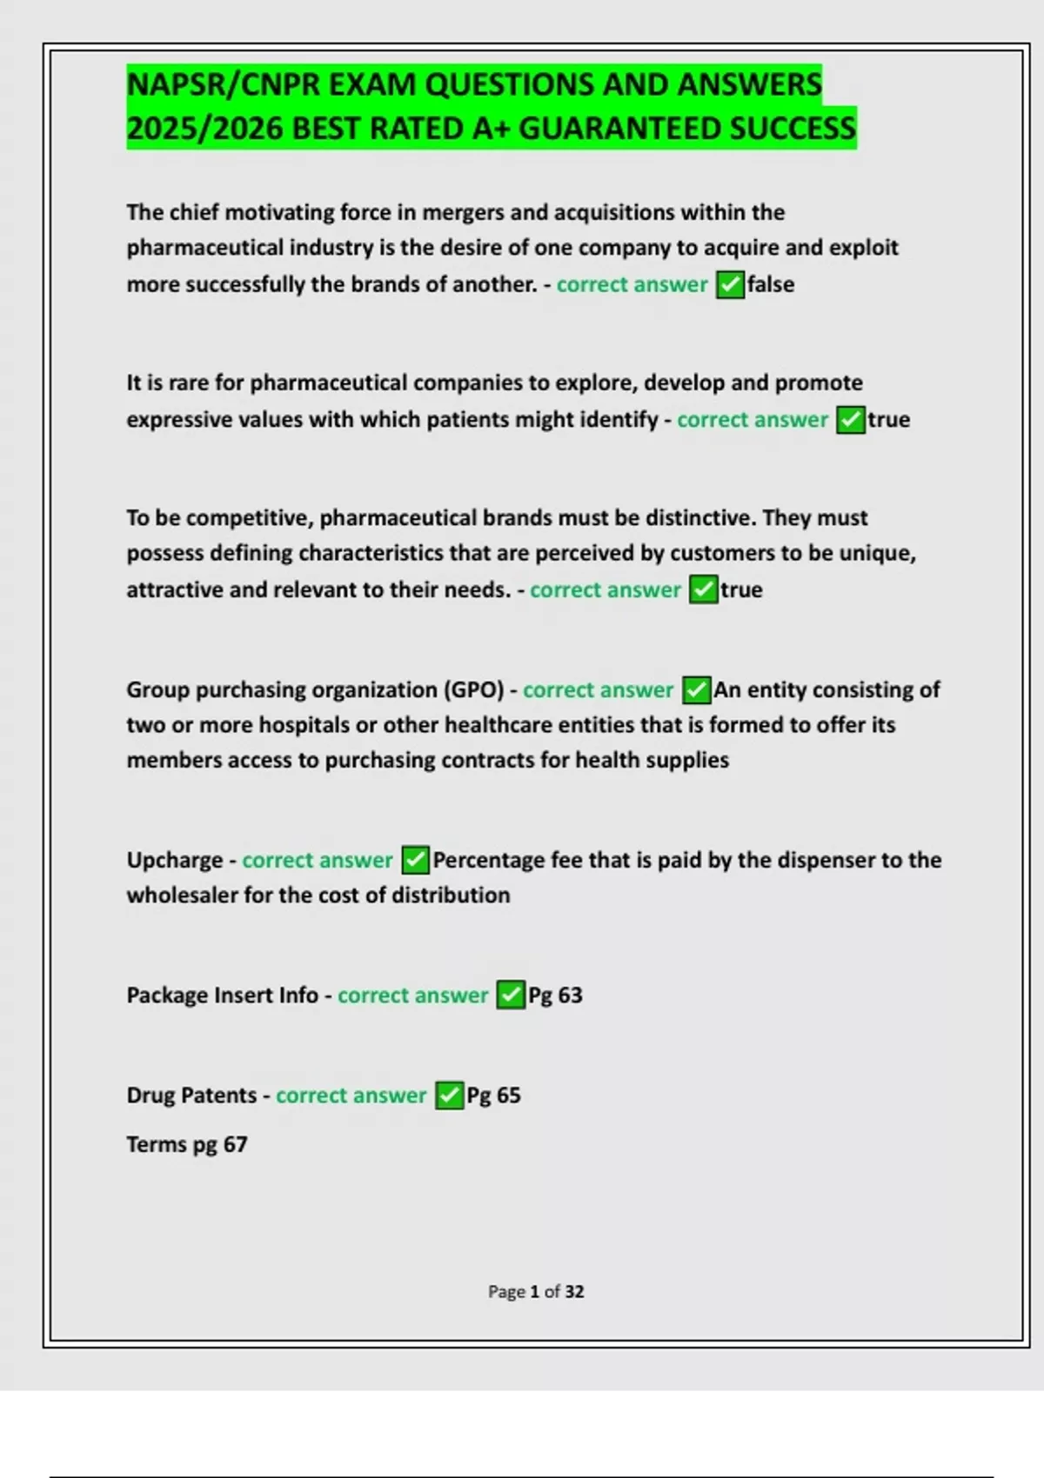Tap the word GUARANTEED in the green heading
pos(619,129)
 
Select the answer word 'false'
pos(771,284)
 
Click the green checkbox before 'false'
pos(730,284)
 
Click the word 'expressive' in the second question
pos(178,419)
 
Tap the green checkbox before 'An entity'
pos(696,690)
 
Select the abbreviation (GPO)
pos(474,689)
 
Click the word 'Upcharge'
pos(175,860)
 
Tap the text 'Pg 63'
pos(555,995)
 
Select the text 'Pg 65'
pos(493,1095)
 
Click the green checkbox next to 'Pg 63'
pos(510,995)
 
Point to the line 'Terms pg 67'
pos(187,1144)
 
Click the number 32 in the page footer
pos(574,1292)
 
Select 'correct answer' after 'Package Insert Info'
pos(412,995)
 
